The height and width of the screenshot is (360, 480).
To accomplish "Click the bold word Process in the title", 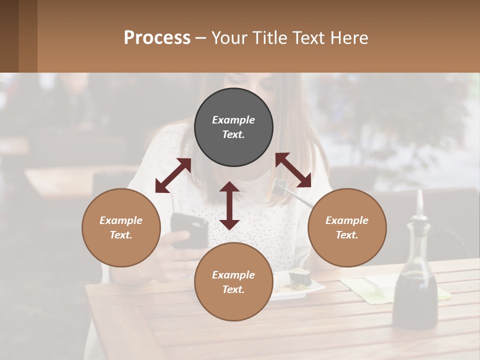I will tap(157, 37).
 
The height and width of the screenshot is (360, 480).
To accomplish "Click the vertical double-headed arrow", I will tap(229, 205).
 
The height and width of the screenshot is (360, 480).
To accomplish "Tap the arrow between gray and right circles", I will tap(293, 170).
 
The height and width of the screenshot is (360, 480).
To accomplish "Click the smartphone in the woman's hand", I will tap(189, 230).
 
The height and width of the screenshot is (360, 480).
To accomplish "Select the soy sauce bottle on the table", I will tap(414, 285).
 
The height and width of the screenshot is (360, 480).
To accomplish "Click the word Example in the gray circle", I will tap(233, 120).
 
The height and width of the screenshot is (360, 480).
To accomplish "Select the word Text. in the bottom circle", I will tap(233, 289).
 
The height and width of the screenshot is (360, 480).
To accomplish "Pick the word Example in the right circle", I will tap(347, 220).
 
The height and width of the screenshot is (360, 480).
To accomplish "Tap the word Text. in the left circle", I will tap(121, 235).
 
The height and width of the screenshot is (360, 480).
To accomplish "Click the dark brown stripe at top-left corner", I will tap(9, 36).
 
